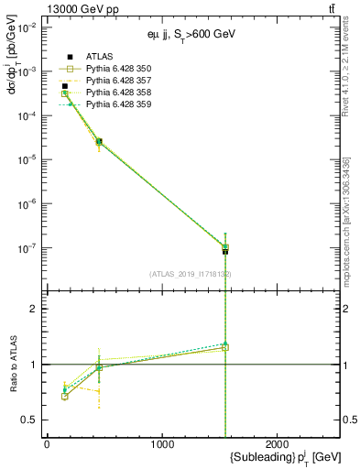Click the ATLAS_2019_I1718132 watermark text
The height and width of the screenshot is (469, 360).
point(191,274)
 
